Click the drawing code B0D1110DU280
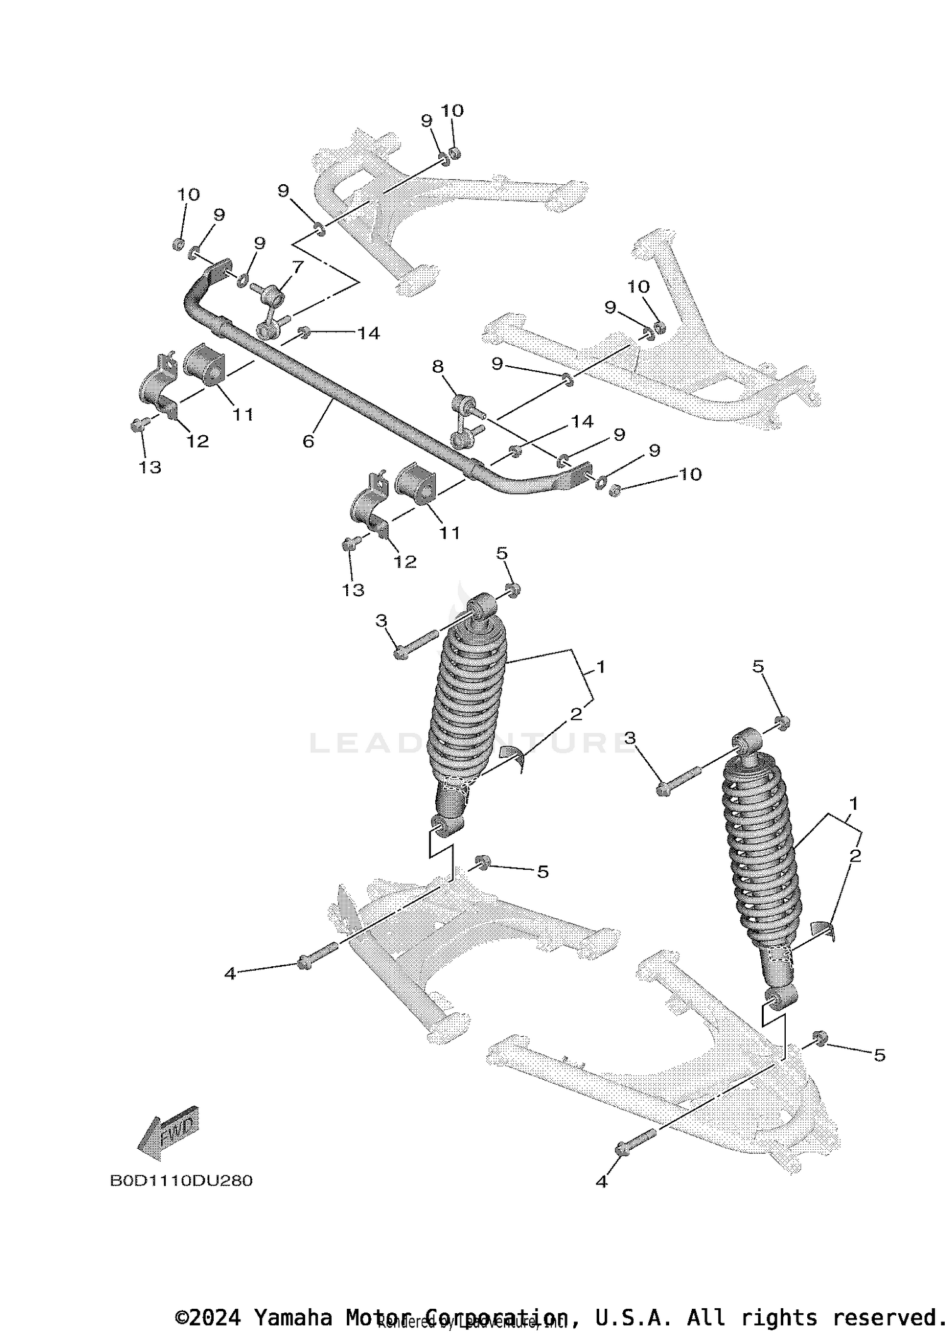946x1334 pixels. (181, 1181)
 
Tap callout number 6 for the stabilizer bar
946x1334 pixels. (308, 442)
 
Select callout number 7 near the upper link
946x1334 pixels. (298, 266)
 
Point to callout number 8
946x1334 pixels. (438, 366)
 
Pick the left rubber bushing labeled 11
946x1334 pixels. (204, 365)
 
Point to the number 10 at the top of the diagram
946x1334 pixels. (452, 111)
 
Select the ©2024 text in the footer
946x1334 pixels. (208, 1317)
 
